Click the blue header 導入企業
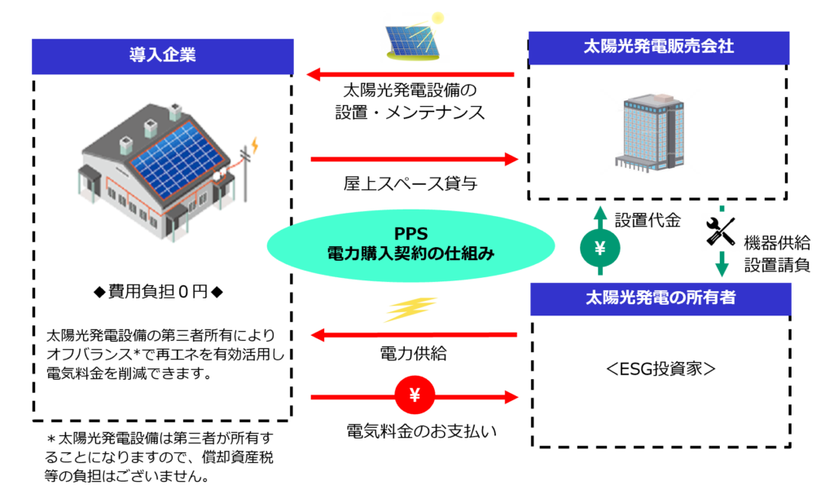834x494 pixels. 162,56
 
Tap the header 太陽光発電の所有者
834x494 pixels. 660,298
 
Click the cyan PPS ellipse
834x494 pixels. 411,242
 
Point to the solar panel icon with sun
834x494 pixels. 415,37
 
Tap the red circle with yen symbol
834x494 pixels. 415,396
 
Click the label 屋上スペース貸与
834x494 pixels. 410,184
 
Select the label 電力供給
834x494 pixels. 413,355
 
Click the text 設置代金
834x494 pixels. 647,220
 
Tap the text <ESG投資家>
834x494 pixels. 660,368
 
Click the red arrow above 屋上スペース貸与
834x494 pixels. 415,159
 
